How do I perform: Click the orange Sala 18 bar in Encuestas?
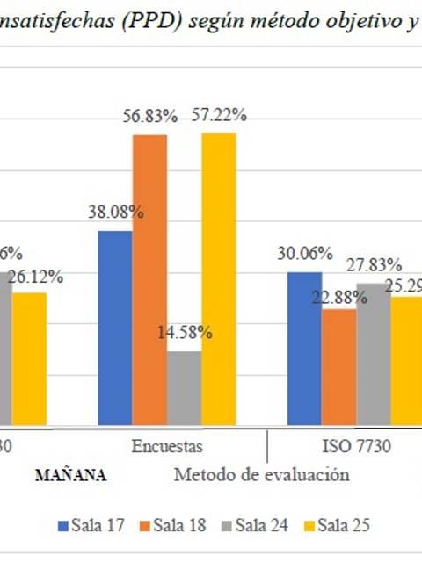coord(149,281)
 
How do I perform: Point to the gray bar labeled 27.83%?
coord(373,355)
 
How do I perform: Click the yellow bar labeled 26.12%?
coord(29,359)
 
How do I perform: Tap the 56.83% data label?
coord(149,116)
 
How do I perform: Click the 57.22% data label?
coord(217,114)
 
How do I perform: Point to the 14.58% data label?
coord(185,333)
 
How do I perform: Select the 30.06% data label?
coord(304,254)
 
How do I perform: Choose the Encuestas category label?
coord(167,445)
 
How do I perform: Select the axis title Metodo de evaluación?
coord(261,475)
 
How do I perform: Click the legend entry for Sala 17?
coord(91,525)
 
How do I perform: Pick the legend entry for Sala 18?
coord(173,525)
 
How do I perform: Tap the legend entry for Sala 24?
coord(256,525)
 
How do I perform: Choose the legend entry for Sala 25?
coord(337,525)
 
